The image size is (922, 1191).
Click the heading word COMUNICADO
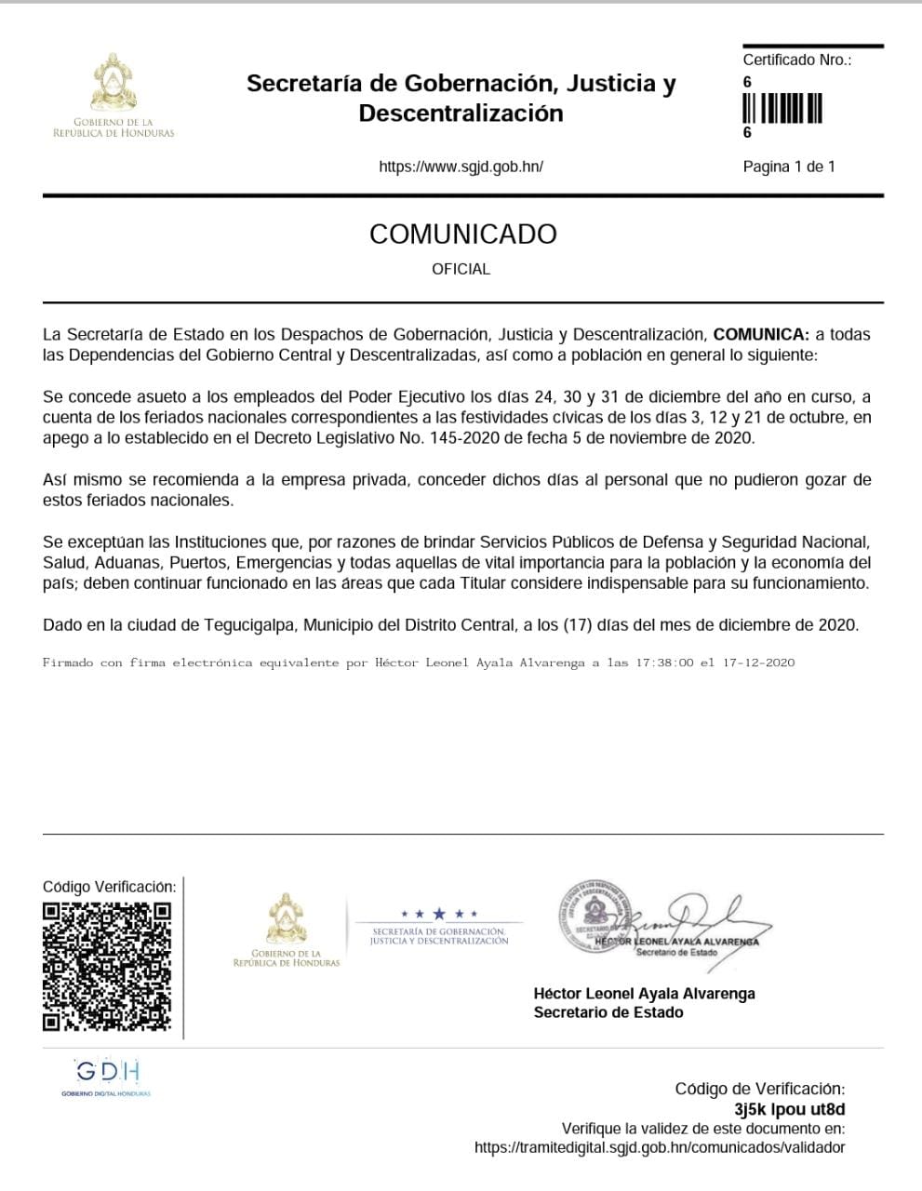pos(462,234)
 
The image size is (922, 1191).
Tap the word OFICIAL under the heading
pos(461,269)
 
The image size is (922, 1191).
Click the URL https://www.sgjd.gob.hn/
pos(461,167)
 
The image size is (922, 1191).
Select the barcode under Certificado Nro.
pos(782,108)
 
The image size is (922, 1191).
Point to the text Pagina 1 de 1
pos(789,167)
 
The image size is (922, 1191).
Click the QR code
pos(107,966)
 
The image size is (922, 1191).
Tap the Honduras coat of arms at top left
pos(114,84)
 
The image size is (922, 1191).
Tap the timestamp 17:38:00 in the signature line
pos(664,663)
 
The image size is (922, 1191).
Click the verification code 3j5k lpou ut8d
pos(789,1109)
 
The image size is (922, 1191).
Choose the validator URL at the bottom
pos(660,1147)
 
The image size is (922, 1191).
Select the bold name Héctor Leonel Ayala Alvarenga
pos(644,993)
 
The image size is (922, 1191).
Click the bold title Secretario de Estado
pos(608,1012)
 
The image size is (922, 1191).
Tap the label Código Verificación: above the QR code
pos(109,887)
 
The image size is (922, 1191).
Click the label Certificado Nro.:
pos(796,60)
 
